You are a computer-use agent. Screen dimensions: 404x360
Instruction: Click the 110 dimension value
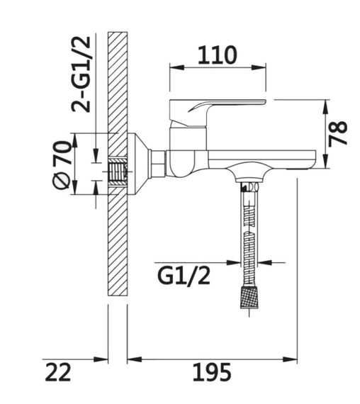(217, 54)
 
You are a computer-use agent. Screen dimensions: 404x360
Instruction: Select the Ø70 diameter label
(62, 164)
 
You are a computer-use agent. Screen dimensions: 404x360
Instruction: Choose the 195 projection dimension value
(212, 371)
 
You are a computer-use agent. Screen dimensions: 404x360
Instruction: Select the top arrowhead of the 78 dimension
(325, 103)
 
